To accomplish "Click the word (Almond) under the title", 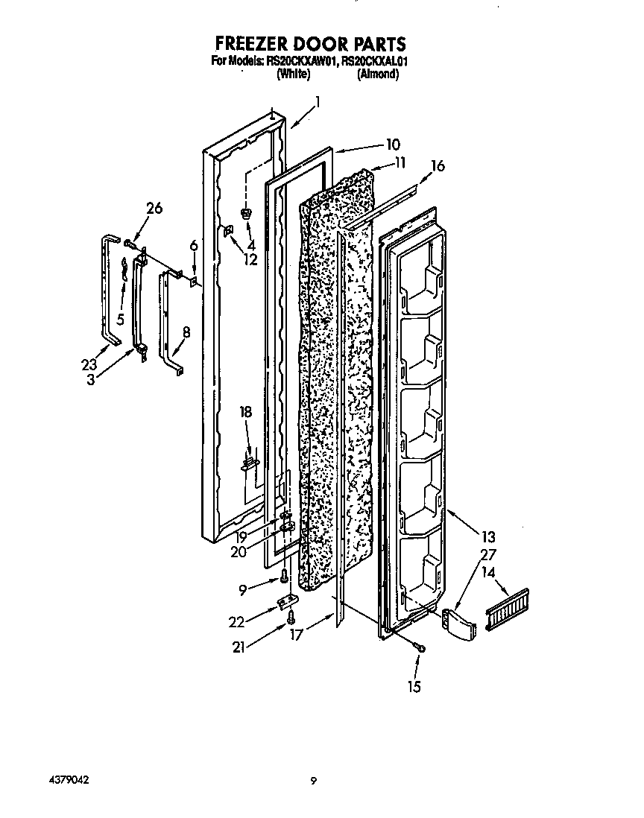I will tap(378, 74).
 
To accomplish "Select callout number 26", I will tap(154, 209).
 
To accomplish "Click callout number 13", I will tap(488, 536).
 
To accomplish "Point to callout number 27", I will tap(488, 555).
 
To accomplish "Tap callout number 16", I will tap(438, 165).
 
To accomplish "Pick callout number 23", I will tap(89, 365).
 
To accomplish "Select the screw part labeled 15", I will tap(421, 649).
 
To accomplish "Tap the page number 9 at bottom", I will tap(314, 781).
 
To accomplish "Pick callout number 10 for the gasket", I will tap(393, 145).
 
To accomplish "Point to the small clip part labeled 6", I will tap(192, 282).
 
